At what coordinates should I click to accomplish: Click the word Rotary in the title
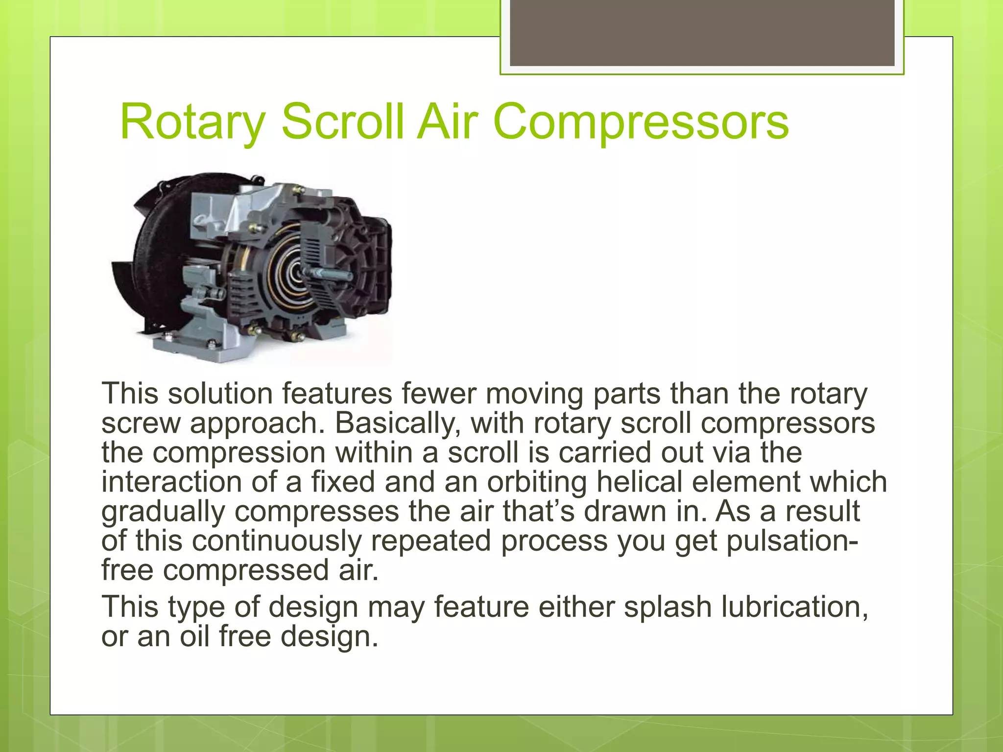tap(192, 122)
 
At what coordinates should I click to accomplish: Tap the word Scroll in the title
tap(343, 122)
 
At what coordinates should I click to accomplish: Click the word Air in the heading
tap(447, 122)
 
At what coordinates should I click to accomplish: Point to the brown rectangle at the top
tap(702, 32)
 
